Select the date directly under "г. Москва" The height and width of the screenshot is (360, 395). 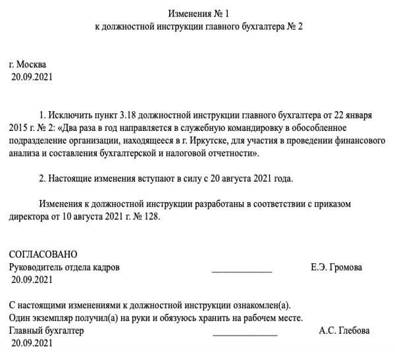(32, 77)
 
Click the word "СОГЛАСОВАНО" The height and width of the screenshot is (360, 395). (43, 255)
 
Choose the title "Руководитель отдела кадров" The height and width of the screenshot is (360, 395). (65, 268)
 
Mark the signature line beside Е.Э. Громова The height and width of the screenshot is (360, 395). (242, 270)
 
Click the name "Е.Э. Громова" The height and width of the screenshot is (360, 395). (336, 268)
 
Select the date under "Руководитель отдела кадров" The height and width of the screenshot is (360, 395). (32, 280)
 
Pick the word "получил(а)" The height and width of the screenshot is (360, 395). (86, 318)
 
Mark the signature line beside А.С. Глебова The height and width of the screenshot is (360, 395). (246, 334)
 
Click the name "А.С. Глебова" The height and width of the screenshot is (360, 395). (344, 330)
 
